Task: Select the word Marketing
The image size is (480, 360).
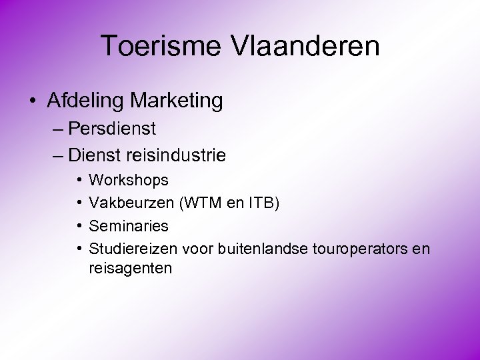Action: point(177,101)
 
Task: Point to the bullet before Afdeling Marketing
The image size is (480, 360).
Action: point(33,101)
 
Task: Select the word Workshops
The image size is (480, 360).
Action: point(129,180)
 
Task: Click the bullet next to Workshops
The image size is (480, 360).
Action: point(79,180)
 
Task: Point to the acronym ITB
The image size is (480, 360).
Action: point(262,202)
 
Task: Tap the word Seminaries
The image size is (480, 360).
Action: point(129,225)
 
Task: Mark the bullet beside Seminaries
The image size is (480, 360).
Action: point(79,225)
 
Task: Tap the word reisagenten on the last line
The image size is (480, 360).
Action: point(131,269)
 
